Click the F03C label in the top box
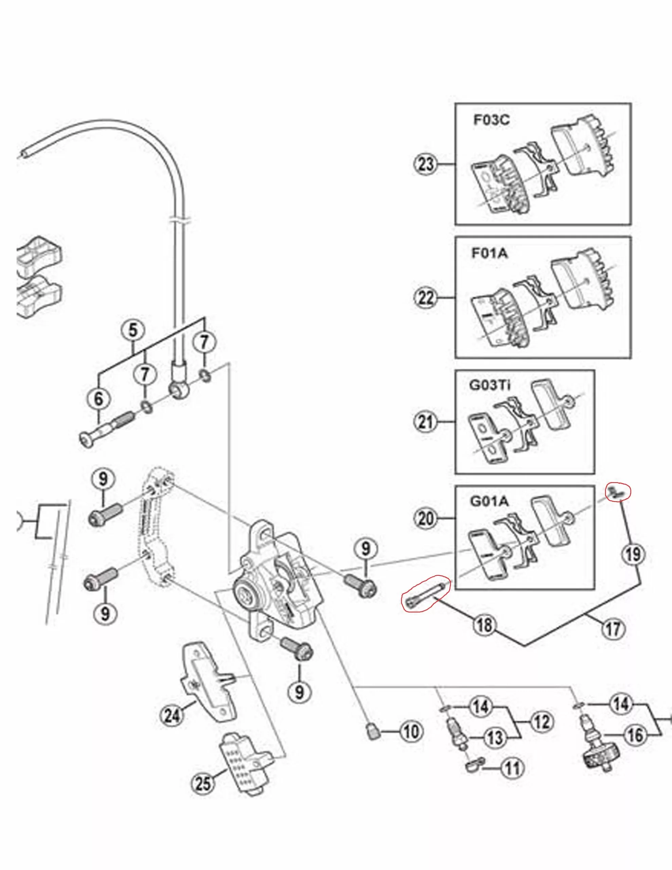pyautogui.click(x=491, y=120)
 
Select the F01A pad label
pyautogui.click(x=490, y=253)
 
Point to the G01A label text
pyautogui.click(x=490, y=501)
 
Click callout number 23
pyautogui.click(x=426, y=164)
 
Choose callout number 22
pyautogui.click(x=426, y=297)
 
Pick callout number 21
pyautogui.click(x=426, y=421)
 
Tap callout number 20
pyautogui.click(x=426, y=518)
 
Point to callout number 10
pyautogui.click(x=411, y=731)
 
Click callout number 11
pyautogui.click(x=513, y=768)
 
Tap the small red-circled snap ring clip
pyautogui.click(x=617, y=493)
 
